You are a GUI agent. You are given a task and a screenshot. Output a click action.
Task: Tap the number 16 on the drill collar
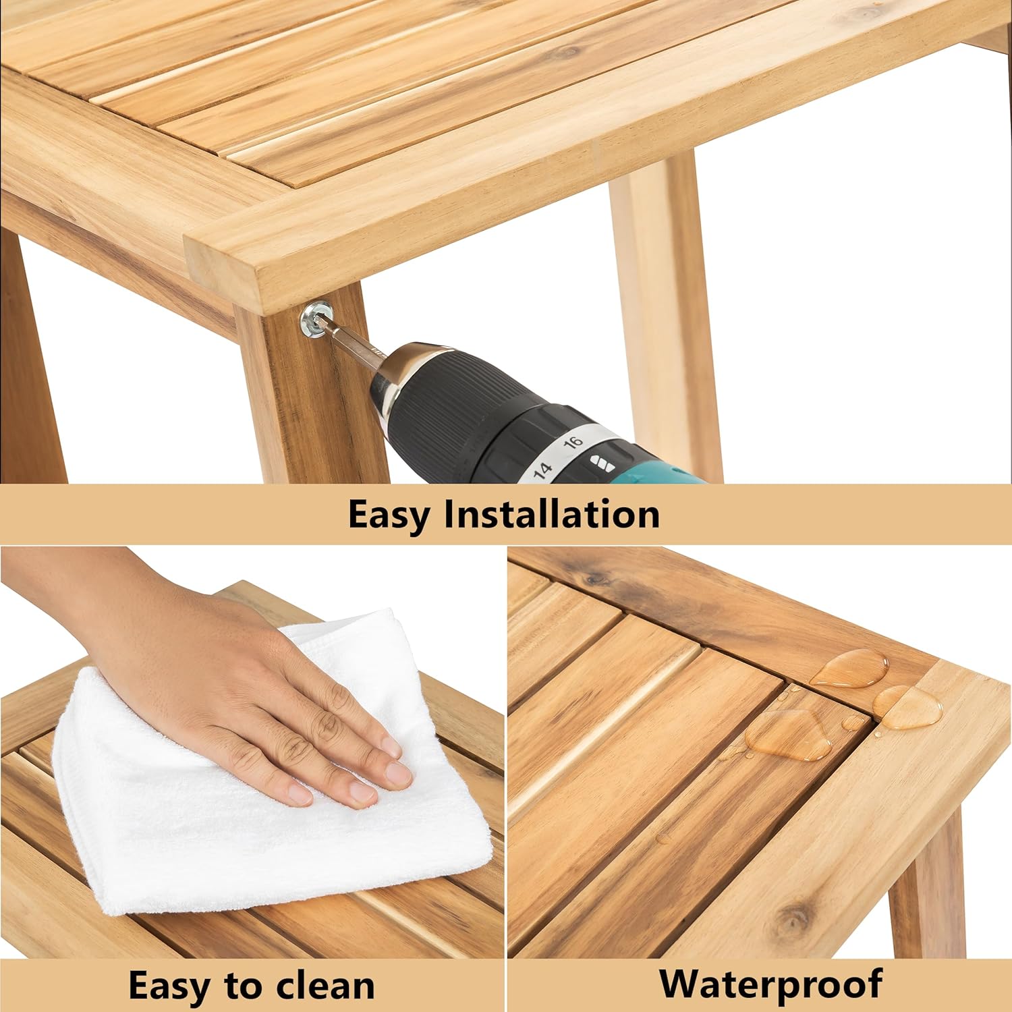[573, 442]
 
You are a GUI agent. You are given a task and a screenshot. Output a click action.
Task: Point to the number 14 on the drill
[542, 469]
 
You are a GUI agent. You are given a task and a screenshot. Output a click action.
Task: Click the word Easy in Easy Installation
[388, 515]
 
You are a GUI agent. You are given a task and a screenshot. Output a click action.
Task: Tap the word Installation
[551, 514]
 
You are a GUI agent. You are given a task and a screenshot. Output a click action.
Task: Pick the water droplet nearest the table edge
[909, 706]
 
